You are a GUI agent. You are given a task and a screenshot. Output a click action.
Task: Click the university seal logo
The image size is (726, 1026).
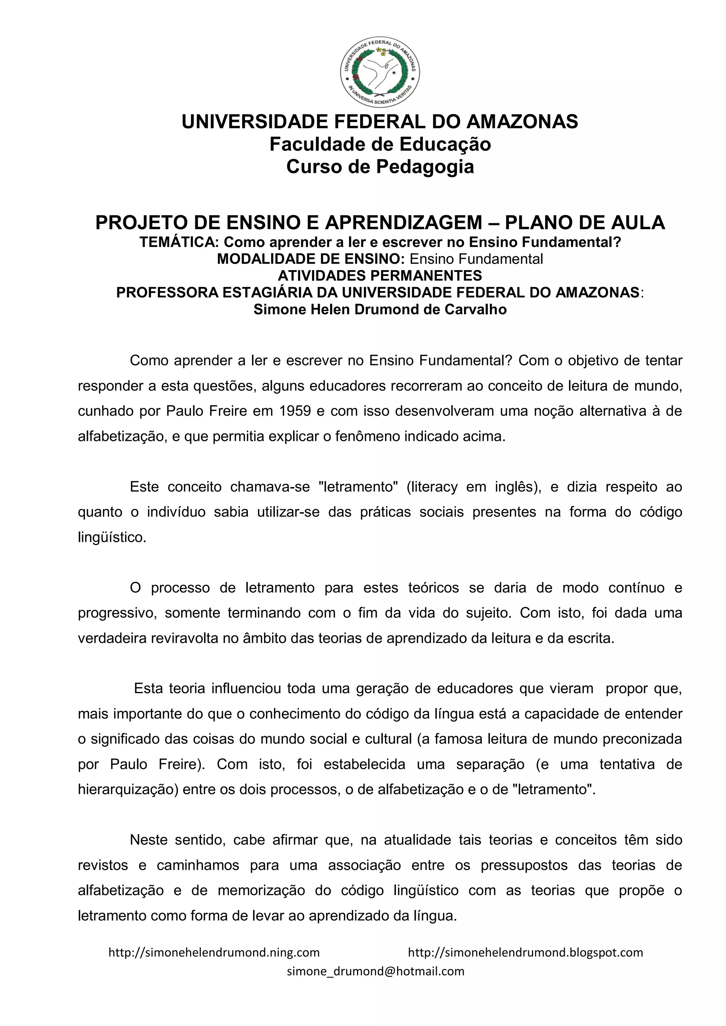[380, 72]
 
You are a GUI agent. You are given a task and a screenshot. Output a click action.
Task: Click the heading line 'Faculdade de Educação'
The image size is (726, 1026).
[380, 144]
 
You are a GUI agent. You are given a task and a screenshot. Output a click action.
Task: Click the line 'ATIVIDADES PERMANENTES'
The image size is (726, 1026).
[380, 275]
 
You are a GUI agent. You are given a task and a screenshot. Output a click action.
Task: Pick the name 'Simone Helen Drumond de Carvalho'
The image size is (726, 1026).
[380, 309]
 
